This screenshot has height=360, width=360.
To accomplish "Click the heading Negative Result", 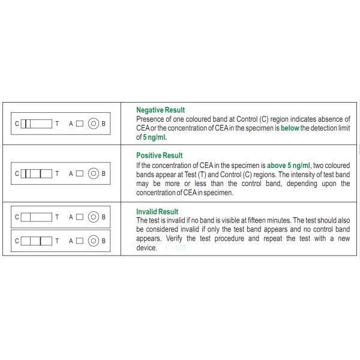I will coord(160,110).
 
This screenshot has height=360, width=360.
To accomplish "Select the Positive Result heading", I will coord(159,155).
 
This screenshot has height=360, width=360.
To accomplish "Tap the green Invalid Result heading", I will coord(157,212).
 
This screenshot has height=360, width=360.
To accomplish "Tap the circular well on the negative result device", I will coord(93,124).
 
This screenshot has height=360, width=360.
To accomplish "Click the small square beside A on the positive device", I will coord(80,174).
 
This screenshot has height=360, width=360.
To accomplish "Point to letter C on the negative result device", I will coord(17,124).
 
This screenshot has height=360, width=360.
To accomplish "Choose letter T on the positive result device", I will coord(56,174).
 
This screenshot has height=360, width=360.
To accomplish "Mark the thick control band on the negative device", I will coord(28,124).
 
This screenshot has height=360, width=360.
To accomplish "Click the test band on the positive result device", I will coord(41,174).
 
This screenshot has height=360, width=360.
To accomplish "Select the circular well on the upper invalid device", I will coord(93,217).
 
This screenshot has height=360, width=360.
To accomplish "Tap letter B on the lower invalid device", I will coord(104,241).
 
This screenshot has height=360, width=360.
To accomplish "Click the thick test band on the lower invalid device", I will coord(41,241).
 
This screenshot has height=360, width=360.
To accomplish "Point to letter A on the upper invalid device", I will coord(71,217).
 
